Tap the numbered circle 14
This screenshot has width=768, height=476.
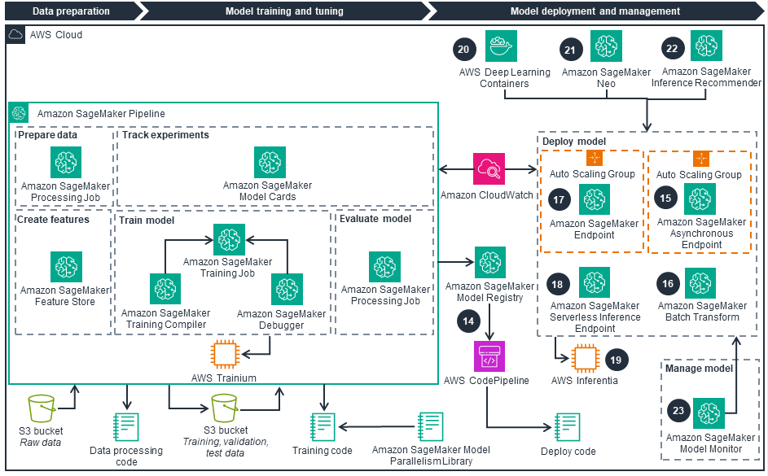[468, 321]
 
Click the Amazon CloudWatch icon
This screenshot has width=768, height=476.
[489, 168]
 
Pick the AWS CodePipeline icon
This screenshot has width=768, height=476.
[489, 356]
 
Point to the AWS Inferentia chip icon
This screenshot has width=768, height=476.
[585, 358]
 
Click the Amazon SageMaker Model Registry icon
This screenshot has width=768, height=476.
[489, 263]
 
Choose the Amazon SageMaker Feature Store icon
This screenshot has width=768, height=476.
[66, 267]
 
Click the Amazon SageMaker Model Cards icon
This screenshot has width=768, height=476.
[270, 163]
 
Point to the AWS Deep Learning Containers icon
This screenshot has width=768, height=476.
[501, 46]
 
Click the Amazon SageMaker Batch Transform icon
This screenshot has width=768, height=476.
[700, 283]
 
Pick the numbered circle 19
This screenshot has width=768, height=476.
[616, 358]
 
